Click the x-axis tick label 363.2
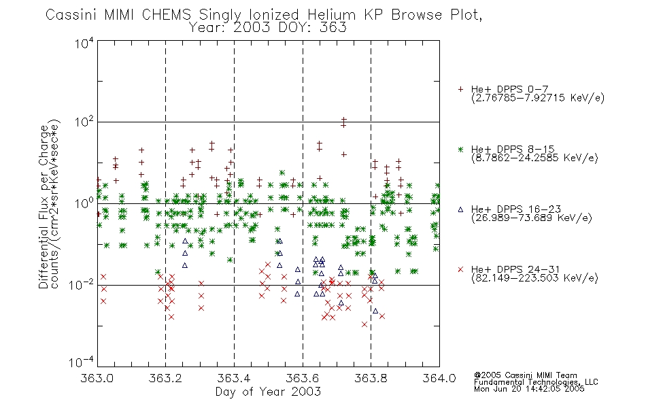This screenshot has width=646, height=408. point(165,378)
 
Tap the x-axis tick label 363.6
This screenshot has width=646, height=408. point(303,378)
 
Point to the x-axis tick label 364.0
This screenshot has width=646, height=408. point(439,378)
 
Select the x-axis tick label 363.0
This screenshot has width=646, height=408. point(97,378)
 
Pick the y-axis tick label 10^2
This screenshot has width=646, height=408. point(85,122)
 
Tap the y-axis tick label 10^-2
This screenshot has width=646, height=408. point(82,284)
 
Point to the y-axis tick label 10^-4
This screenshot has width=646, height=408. point(82,362)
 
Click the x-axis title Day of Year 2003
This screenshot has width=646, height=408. point(268,392)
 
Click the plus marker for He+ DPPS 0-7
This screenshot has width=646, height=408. point(460,89)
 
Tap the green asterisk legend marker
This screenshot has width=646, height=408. point(460,150)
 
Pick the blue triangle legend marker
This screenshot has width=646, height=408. point(460,209)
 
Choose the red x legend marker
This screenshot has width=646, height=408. point(460,269)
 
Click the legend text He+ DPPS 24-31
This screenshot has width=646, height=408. point(515,269)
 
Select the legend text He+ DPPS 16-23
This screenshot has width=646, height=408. point(515,209)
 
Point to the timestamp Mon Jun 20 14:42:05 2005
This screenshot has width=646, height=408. point(529,389)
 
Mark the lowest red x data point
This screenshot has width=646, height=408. point(364,324)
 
